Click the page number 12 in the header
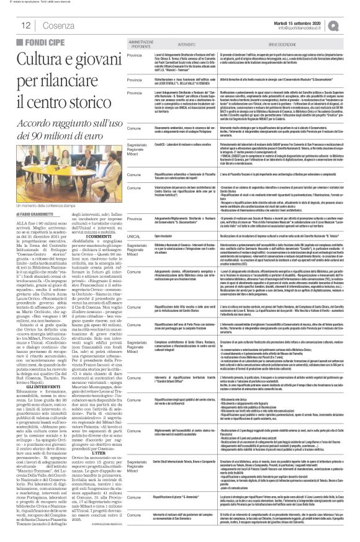11,25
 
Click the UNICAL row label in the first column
133,236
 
